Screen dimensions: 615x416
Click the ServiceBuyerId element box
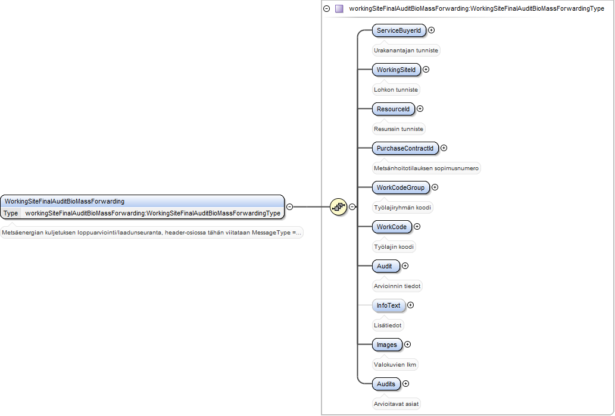(399, 30)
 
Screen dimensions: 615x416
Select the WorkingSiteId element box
(396, 70)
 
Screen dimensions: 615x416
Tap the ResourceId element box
(393, 109)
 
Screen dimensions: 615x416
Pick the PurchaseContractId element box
(405, 148)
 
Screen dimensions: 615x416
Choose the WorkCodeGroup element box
(401, 187)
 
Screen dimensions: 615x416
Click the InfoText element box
(388, 305)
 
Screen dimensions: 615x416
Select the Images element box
(387, 345)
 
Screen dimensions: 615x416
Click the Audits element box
(386, 384)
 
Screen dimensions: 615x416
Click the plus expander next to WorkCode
(417, 227)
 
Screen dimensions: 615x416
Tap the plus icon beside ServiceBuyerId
(431, 30)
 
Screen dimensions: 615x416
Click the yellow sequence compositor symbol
(339, 207)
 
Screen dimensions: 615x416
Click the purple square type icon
(339, 8)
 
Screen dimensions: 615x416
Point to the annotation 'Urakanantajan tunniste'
(406, 51)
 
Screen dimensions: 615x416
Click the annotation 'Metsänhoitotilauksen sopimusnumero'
(426, 168)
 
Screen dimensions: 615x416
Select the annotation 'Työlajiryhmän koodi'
(402, 208)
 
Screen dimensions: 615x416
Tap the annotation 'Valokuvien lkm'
(395, 365)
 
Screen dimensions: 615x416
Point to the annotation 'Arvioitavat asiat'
(396, 404)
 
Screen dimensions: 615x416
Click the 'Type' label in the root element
(11, 213)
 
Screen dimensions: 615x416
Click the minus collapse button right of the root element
(289, 207)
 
